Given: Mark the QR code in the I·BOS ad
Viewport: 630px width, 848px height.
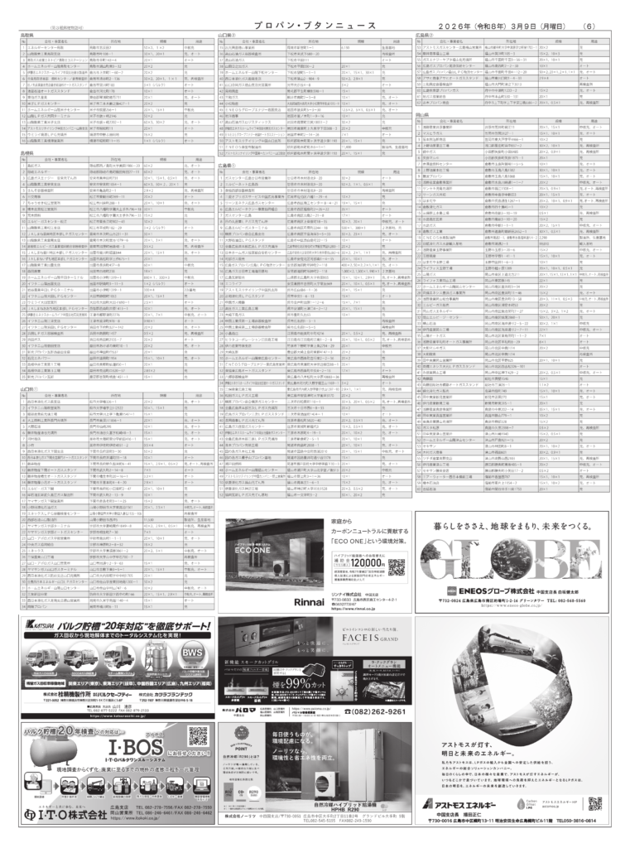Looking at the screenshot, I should (x=198, y=735).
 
